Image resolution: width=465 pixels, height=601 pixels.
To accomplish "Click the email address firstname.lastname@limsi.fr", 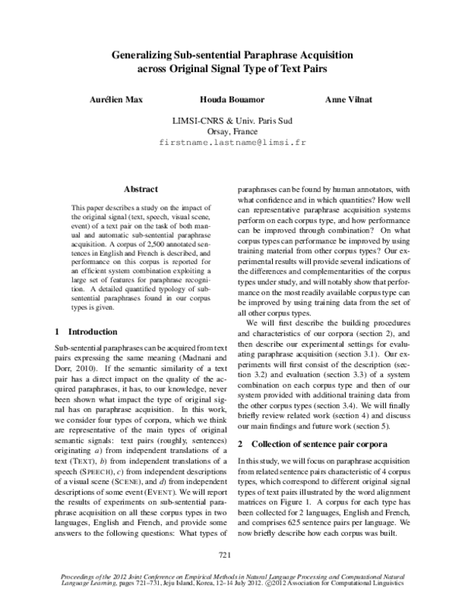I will click(x=232, y=144).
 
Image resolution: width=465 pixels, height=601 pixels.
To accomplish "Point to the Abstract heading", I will click(x=141, y=189).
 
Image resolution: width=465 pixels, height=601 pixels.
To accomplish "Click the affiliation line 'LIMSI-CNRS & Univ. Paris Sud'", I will click(x=232, y=121).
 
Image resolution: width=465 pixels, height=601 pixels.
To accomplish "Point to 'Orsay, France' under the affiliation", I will click(x=232, y=132).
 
